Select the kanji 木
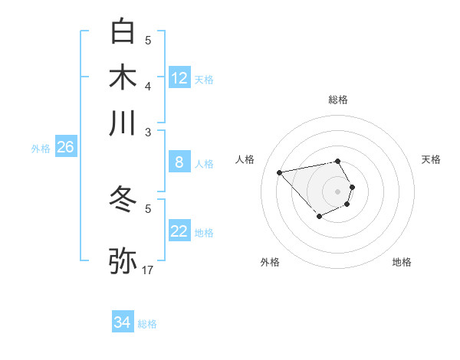[123, 77]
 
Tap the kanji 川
[123, 123]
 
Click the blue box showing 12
[179, 78]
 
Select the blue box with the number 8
[179, 162]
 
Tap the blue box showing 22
[179, 231]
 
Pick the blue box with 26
[65, 148]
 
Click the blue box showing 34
[122, 322]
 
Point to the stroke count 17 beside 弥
[148, 270]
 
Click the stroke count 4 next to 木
[148, 86]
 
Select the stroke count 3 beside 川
[148, 132]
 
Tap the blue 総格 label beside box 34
[147, 324]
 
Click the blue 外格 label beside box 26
[41, 149]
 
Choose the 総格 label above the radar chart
[338, 100]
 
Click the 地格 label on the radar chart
[402, 262]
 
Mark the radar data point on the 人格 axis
[279, 172]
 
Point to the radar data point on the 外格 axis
[319, 217]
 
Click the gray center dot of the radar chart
[337, 191]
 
